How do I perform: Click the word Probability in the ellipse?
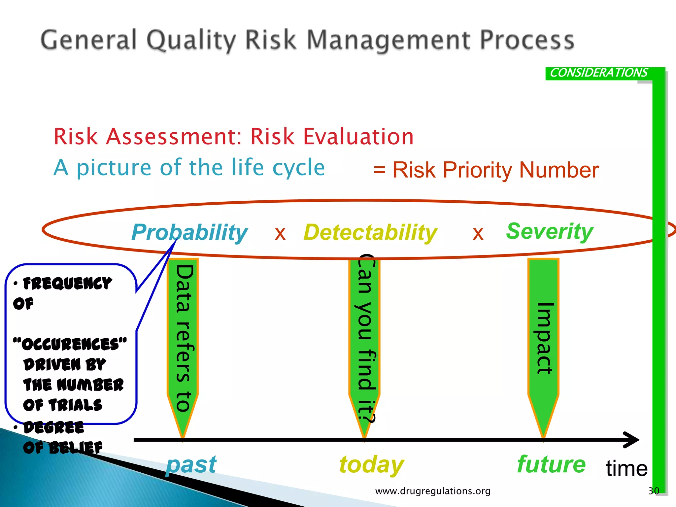pyautogui.click(x=189, y=232)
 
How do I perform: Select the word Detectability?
pyautogui.click(x=370, y=232)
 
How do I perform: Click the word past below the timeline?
pyautogui.click(x=191, y=464)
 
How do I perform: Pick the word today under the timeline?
pyautogui.click(x=371, y=464)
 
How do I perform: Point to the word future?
pyautogui.click(x=551, y=464)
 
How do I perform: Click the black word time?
pyautogui.click(x=626, y=468)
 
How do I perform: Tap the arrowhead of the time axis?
pyautogui.click(x=632, y=440)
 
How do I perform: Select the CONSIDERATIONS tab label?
pyautogui.click(x=598, y=73)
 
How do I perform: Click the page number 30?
pyautogui.click(x=654, y=491)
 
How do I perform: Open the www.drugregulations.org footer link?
pyautogui.click(x=433, y=491)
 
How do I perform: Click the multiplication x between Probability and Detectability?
pyautogui.click(x=280, y=234)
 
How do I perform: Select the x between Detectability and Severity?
pyautogui.click(x=478, y=234)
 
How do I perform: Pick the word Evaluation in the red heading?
pyautogui.click(x=358, y=136)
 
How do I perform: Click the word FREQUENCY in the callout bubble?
pyautogui.click(x=67, y=284)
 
